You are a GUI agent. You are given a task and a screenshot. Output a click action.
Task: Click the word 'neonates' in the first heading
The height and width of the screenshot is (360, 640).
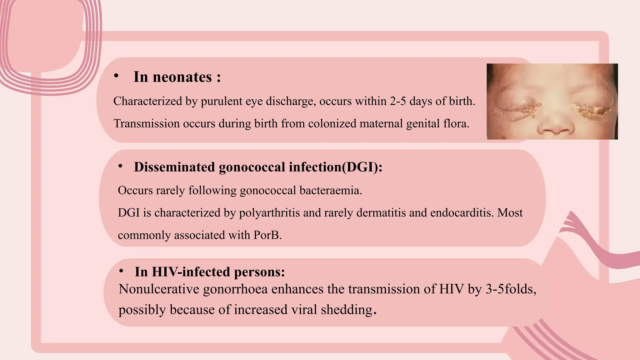[x=182, y=77]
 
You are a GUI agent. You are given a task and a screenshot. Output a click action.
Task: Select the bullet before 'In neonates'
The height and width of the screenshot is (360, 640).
[x=116, y=76]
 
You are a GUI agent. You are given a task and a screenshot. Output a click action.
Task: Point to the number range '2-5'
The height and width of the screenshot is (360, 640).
[x=398, y=101]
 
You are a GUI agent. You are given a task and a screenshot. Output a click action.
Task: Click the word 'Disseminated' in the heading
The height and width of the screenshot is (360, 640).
[x=174, y=167]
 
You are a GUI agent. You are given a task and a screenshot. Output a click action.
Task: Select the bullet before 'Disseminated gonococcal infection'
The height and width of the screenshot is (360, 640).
[x=120, y=166]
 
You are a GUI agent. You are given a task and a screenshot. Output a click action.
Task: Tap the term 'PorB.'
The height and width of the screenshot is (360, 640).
[x=267, y=235]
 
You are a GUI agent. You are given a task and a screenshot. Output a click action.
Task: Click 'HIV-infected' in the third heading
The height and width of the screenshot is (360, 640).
[x=191, y=272]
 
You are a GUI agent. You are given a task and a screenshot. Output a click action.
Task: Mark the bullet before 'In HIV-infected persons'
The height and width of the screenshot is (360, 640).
[x=121, y=271]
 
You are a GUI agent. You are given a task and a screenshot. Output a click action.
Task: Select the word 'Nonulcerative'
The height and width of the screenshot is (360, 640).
[x=159, y=289]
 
